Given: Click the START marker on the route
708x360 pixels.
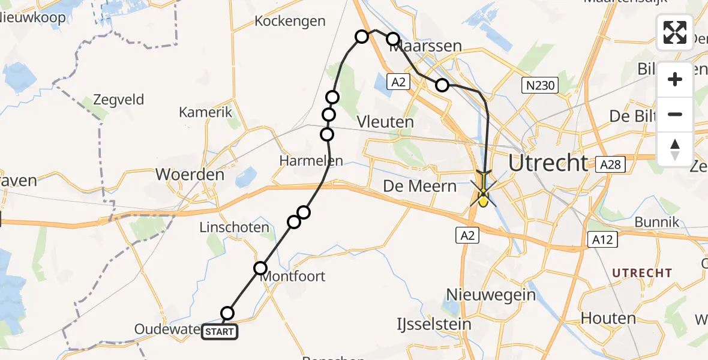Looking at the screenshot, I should (220, 331).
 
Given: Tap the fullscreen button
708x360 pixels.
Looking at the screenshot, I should (675, 32).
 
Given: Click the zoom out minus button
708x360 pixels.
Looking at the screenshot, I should (675, 114).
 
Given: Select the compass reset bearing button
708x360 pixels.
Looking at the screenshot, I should (675, 148).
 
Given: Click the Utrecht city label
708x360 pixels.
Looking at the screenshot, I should (548, 163).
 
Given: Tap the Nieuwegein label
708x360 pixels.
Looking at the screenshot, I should (491, 295).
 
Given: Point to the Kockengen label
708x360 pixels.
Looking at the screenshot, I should (290, 21).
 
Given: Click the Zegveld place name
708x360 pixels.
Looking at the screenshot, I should (119, 99).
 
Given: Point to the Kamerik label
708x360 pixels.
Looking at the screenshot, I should (205, 112).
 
